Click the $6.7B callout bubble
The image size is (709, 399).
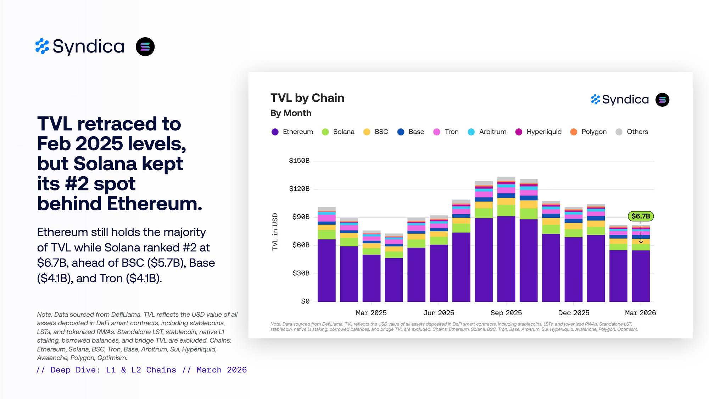pyautogui.click(x=641, y=216)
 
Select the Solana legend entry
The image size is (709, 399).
pyautogui.click(x=338, y=132)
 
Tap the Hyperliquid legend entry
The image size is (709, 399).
pyautogui.click(x=538, y=132)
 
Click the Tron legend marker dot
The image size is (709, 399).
pyautogui.click(x=437, y=132)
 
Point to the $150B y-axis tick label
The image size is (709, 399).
pyautogui.click(x=299, y=161)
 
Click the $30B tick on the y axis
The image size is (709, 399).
pyautogui.click(x=301, y=273)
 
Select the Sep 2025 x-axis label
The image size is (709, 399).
pyautogui.click(x=506, y=313)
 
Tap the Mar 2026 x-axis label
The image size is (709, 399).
pyautogui.click(x=640, y=313)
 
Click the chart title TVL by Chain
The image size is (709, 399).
pyautogui.click(x=307, y=98)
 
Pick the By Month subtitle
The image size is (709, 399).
pyautogui.click(x=291, y=113)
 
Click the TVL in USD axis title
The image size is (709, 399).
pyautogui.click(x=275, y=232)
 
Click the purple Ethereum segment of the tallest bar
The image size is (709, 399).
pyautogui.click(x=506, y=259)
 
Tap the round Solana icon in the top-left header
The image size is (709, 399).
pyautogui.click(x=145, y=47)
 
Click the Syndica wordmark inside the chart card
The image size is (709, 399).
pyautogui.click(x=625, y=100)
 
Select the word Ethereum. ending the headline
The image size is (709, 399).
pyautogui.click(x=154, y=204)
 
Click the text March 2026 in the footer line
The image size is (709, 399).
pyautogui.click(x=222, y=370)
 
